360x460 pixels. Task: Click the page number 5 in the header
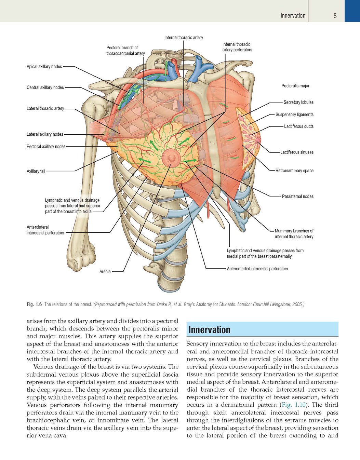[335, 16]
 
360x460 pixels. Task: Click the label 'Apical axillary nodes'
[44, 66]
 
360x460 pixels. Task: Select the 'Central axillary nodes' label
[45, 87]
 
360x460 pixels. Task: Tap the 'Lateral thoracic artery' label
[45, 109]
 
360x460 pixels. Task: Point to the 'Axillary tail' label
[36, 171]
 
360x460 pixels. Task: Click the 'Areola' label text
[105, 271]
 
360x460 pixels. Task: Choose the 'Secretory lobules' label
[298, 102]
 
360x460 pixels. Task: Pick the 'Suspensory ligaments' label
[295, 114]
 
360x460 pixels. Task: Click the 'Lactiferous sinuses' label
[297, 152]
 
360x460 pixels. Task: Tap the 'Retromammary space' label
[294, 171]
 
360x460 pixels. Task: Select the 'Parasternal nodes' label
[298, 197]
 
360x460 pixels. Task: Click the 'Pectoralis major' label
[295, 86]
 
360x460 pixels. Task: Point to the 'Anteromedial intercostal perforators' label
[257, 269]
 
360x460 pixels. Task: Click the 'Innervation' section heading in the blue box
[209, 330]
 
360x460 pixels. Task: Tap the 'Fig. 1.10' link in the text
[293, 405]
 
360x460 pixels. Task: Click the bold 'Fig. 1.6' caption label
[34, 305]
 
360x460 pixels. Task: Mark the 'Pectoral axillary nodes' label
[46, 147]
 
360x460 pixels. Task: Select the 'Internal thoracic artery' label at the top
[184, 38]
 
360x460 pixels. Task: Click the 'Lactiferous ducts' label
[299, 126]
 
